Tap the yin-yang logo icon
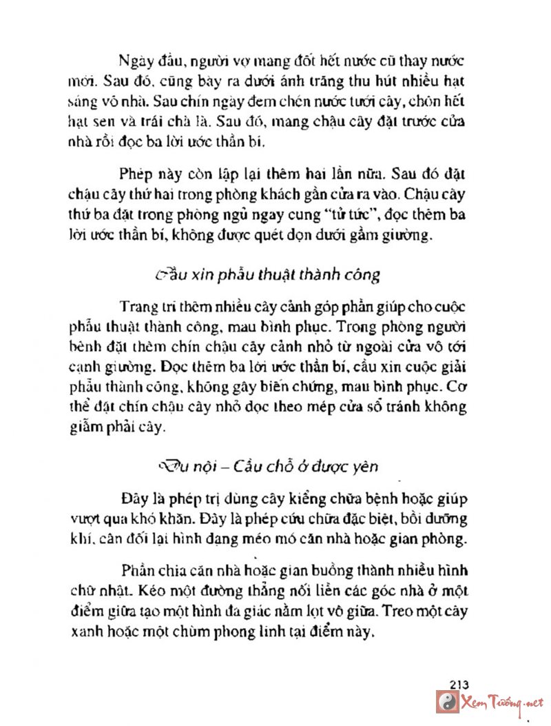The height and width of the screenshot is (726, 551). click(x=448, y=702)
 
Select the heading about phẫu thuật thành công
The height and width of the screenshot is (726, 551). click(x=267, y=274)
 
